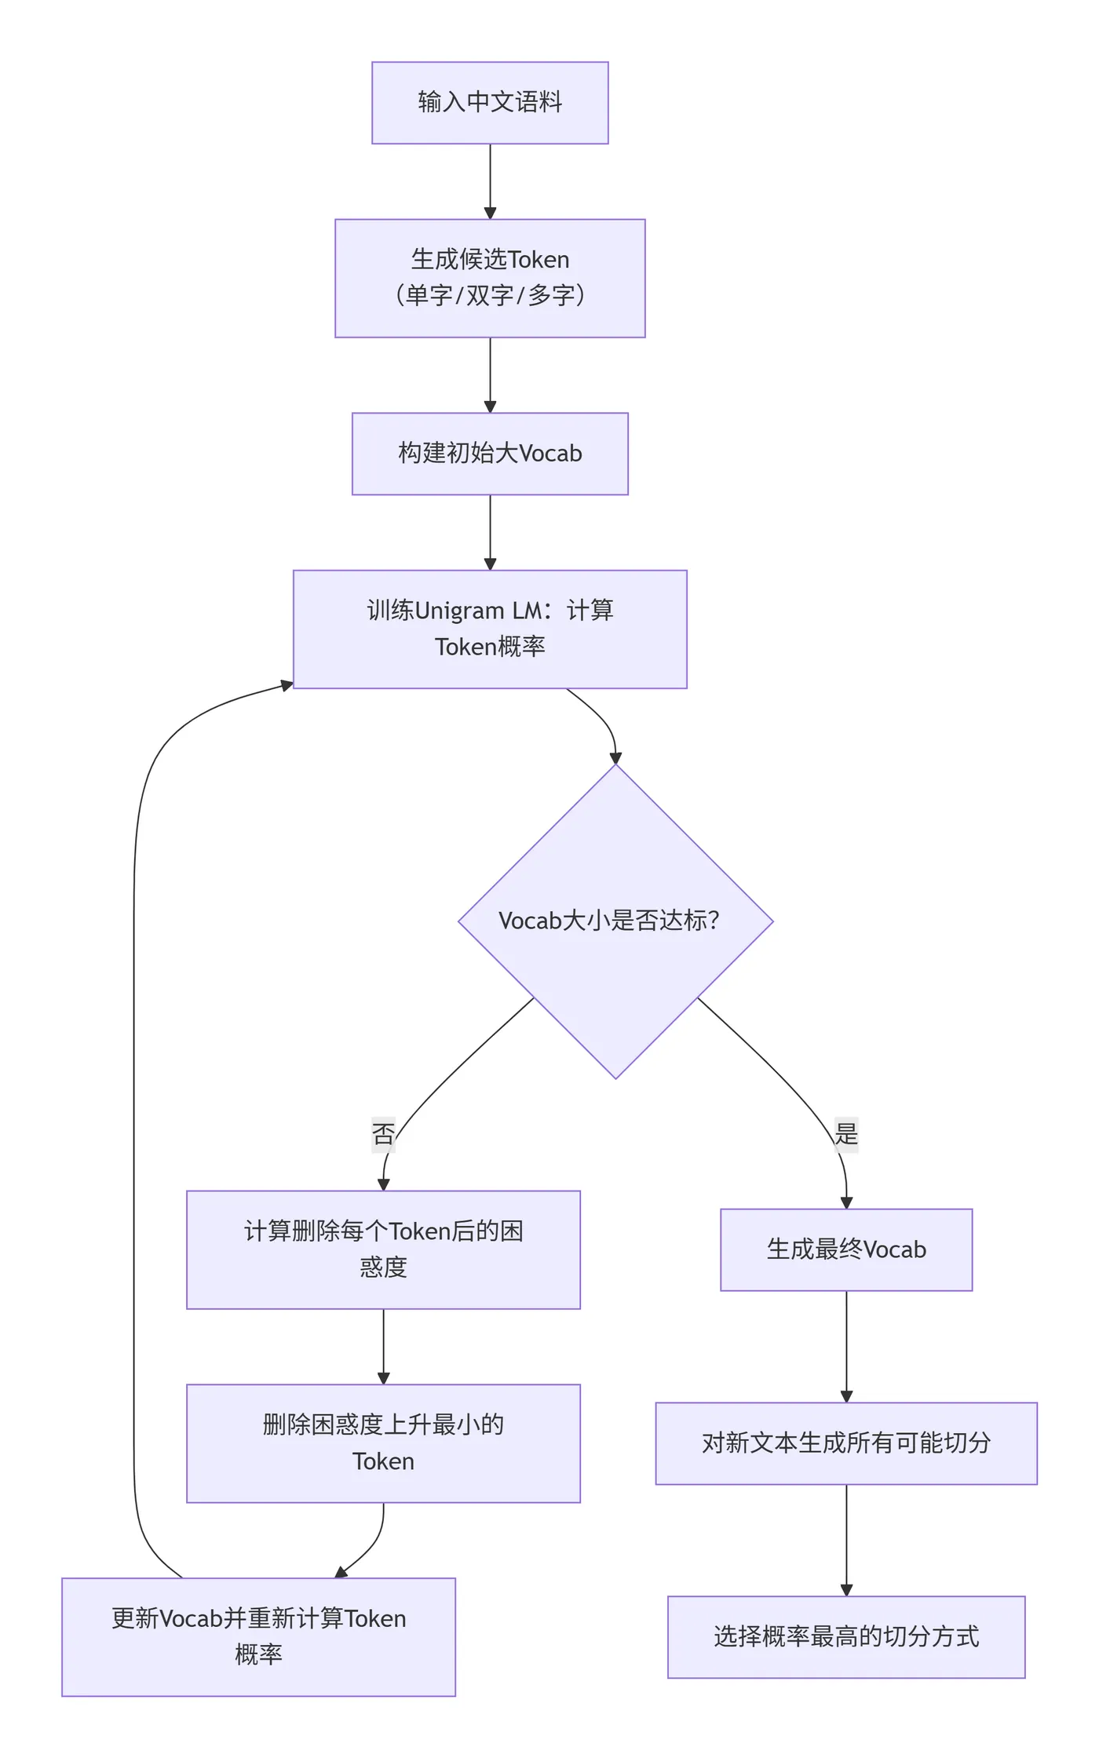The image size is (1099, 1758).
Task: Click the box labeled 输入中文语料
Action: coord(490,103)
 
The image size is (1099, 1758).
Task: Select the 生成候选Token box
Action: coord(490,278)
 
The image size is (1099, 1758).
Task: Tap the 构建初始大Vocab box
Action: coord(490,454)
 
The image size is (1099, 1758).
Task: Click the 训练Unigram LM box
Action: coord(490,629)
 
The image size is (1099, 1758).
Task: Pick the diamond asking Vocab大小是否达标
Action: coord(615,921)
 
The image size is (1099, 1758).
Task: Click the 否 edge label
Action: coord(383,1133)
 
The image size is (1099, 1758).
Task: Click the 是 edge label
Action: coord(846,1133)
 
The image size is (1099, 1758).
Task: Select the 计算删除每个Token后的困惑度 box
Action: coord(383,1249)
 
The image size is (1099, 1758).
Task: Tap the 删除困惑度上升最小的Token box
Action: coord(383,1443)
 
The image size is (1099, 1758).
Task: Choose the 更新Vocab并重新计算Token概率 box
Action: coord(258,1636)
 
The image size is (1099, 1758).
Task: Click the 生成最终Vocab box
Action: coord(846,1249)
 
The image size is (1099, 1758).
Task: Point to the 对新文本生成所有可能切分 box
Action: coord(846,1443)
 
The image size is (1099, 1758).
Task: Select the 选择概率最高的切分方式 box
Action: coord(846,1636)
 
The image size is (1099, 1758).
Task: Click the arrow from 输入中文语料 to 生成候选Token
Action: coord(490,181)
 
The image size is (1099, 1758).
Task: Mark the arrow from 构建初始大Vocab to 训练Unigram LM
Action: coord(490,532)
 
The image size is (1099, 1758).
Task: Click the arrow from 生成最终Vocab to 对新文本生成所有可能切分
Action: coord(846,1346)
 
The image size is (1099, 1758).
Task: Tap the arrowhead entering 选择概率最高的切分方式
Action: coord(846,1590)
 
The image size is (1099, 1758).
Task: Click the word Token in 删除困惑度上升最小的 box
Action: coord(383,1461)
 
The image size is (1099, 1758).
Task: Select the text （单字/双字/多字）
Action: coord(490,296)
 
